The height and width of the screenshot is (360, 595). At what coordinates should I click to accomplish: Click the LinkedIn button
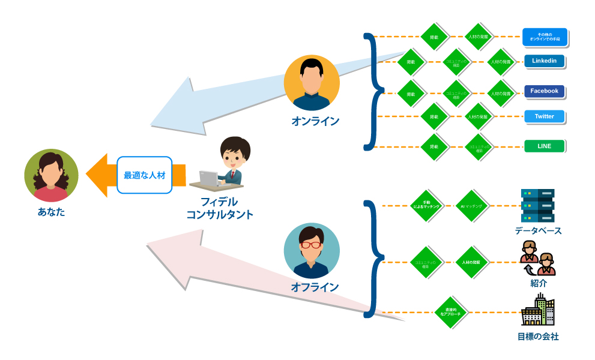pyautogui.click(x=544, y=61)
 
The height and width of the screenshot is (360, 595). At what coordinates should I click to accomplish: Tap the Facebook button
pyautogui.click(x=544, y=91)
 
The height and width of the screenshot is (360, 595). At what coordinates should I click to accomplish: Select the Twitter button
pyautogui.click(x=544, y=116)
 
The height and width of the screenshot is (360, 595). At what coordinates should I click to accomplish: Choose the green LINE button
pyautogui.click(x=544, y=146)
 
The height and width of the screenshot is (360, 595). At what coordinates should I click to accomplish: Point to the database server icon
pyautogui.click(x=537, y=205)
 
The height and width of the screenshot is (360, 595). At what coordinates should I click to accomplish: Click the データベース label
pyautogui.click(x=538, y=230)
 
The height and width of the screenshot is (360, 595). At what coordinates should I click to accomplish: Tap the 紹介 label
pyautogui.click(x=538, y=283)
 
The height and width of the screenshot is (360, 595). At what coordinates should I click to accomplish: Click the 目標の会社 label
pyautogui.click(x=538, y=337)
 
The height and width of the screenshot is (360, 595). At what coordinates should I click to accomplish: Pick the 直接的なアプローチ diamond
pyautogui.click(x=451, y=313)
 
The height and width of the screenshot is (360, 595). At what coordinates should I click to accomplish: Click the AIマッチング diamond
pyautogui.click(x=473, y=206)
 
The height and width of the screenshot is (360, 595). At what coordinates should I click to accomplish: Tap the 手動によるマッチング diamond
pyautogui.click(x=426, y=206)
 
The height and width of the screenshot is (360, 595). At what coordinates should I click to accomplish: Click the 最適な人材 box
pyautogui.click(x=144, y=175)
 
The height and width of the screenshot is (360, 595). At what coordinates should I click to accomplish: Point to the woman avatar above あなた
pyautogui.click(x=51, y=175)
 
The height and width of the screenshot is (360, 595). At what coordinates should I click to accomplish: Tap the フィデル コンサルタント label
pyautogui.click(x=220, y=208)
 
